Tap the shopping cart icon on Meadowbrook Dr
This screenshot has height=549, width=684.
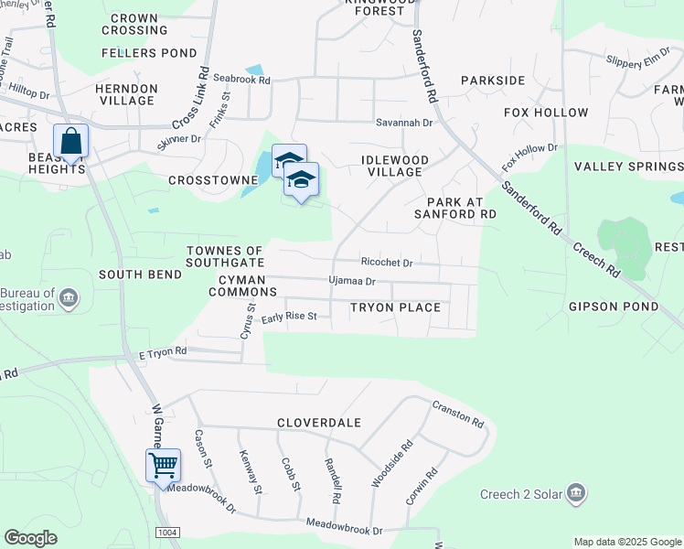(x=164, y=465)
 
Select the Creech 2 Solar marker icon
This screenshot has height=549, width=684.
(x=576, y=494)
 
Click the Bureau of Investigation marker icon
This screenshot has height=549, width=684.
(x=69, y=298)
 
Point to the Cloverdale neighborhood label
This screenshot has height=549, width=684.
(x=320, y=424)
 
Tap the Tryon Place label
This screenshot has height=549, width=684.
(x=395, y=307)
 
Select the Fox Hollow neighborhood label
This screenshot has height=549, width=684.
(x=546, y=113)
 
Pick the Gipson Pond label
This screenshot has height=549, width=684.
(x=614, y=306)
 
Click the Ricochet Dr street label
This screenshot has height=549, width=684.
(x=387, y=263)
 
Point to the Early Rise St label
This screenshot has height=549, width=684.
(x=289, y=318)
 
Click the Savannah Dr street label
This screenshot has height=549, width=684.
(x=403, y=122)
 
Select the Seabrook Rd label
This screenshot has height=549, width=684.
(x=242, y=80)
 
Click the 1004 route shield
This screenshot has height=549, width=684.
(x=168, y=533)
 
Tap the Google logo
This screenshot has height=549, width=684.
(x=30, y=538)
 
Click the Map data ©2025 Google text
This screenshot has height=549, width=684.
(x=626, y=542)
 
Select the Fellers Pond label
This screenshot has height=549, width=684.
(x=136, y=53)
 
